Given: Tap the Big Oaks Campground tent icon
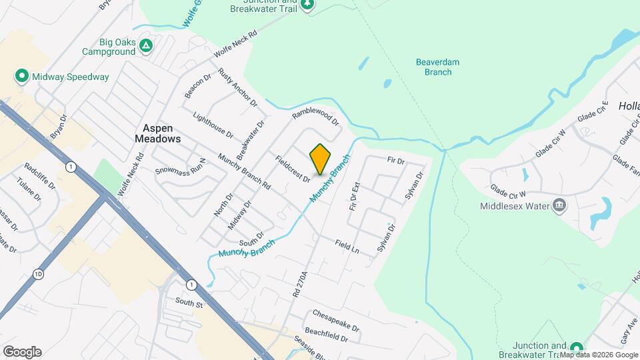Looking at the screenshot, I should pos(147,46).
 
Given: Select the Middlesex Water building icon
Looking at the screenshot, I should pos(559,205).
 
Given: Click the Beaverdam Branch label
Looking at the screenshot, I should pos(438,67).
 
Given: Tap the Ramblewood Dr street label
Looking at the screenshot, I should pos(315,118).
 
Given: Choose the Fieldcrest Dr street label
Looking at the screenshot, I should pos(293,169).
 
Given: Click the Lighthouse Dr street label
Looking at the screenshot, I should pos(213,124).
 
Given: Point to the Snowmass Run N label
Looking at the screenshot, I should pos(182,166).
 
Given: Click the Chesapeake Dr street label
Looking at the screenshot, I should pos(335,321).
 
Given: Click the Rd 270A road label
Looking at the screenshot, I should pos(299,284).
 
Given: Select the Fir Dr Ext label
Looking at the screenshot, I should pos(355,197).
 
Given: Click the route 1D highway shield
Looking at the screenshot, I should pos(38,273).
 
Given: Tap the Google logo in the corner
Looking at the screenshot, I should pos(22,351).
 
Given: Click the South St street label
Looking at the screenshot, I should pos(189,303).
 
